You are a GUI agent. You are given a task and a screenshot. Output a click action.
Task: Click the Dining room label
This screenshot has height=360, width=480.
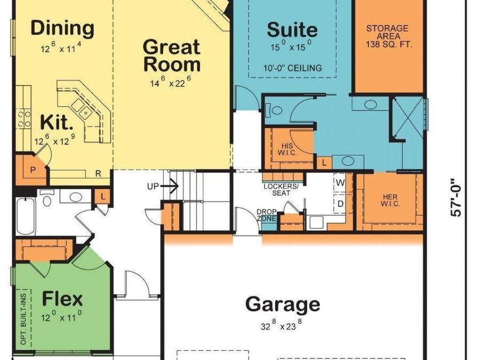click(x=62, y=28)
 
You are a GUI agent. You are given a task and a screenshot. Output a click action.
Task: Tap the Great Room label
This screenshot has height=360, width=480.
click(x=172, y=55)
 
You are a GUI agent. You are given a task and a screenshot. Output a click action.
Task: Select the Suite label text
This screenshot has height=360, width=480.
click(x=292, y=30)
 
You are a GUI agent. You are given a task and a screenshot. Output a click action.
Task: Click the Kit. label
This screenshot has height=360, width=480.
click(x=57, y=123)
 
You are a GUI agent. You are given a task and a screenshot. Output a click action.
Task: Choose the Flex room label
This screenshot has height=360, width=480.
click(x=62, y=299)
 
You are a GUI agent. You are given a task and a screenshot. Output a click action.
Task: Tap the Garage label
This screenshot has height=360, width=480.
click(x=283, y=305)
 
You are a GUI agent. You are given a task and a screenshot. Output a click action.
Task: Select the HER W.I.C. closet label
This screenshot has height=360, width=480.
click(x=389, y=200)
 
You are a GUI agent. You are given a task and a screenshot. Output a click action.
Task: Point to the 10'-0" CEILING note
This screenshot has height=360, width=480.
click(x=292, y=68)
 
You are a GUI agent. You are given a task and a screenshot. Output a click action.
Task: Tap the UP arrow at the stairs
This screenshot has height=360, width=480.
click(x=163, y=187)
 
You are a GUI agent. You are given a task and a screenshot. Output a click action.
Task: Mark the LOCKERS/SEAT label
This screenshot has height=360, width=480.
click(x=277, y=189)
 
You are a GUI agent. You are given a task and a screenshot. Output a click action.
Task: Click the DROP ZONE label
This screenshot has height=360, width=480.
click(x=266, y=215)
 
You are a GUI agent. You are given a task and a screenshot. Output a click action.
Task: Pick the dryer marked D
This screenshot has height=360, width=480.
click(x=340, y=204)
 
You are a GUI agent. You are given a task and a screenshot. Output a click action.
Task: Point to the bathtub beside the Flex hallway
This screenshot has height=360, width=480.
click(x=26, y=216)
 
